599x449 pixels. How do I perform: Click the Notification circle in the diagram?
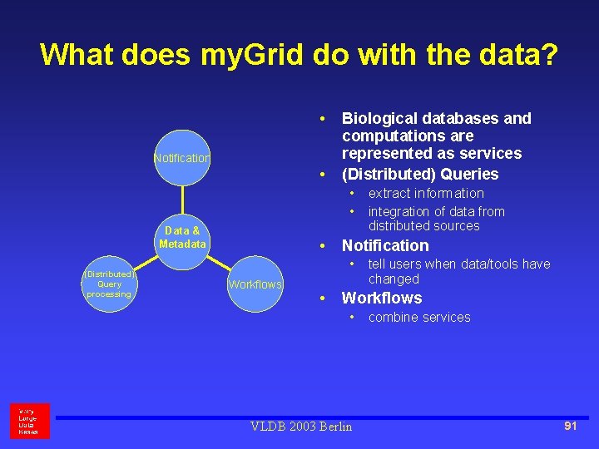tap(182, 157)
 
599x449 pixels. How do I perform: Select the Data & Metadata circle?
tap(182, 237)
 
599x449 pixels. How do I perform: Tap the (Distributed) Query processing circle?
tap(109, 284)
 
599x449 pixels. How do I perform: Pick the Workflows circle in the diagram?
tap(255, 284)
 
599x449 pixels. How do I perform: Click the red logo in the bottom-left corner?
tap(30, 421)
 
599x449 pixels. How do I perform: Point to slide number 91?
tap(570, 426)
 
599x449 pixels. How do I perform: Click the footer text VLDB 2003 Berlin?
tap(301, 427)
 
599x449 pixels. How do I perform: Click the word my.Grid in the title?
tap(254, 55)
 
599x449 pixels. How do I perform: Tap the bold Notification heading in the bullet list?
tap(385, 245)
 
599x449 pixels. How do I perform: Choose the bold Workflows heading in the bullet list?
tap(382, 298)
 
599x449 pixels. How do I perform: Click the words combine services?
tap(419, 317)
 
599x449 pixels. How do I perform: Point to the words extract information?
tap(426, 193)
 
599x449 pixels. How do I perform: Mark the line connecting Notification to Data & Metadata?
tap(182, 198)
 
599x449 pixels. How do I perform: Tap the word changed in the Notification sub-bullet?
tap(394, 279)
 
